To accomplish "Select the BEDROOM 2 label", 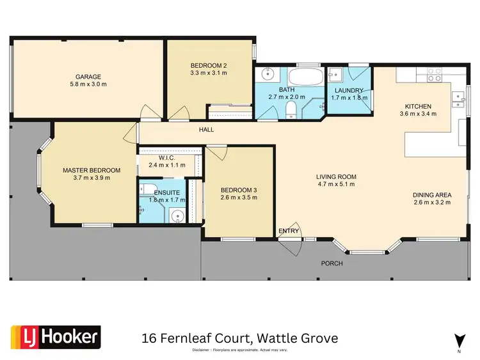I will [209, 65].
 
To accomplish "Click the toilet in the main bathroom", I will [290, 109].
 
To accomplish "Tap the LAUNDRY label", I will [349, 90].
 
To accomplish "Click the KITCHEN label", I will [417, 106].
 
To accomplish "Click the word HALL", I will [205, 130].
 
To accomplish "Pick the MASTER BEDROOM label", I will [92, 170].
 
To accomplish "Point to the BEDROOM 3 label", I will [239, 190].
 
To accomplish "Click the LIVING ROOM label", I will [336, 176].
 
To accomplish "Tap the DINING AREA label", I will [433, 194].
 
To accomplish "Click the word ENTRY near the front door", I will [289, 231].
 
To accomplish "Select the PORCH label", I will [332, 263].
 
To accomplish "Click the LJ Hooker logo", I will [55, 336].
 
